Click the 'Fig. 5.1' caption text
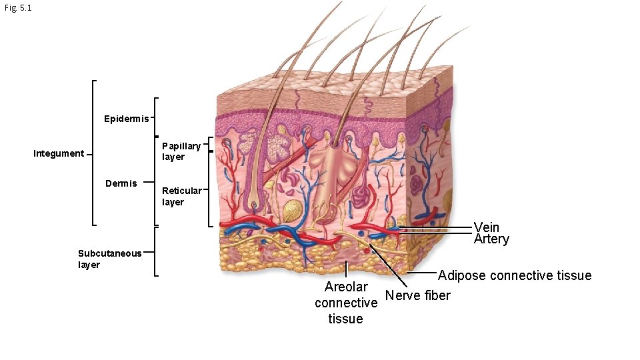tap(17, 8)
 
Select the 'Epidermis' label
tap(127, 119)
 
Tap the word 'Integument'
tap(59, 154)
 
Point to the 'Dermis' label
tap(121, 183)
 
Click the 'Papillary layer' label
tap(181, 151)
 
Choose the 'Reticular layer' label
tap(181, 197)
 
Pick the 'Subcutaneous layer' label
tap(109, 259)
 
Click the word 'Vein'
tap(487, 227)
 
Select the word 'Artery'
tap(491, 239)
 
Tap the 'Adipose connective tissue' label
tap(515, 275)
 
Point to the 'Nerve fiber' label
tap(418, 295)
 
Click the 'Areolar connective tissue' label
tap(346, 303)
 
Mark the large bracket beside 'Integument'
tap(93, 153)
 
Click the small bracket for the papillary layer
tap(209, 144)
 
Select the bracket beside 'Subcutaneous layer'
tap(155, 252)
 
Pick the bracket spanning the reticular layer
tap(209, 191)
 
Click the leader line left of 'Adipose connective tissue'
tap(421, 273)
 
